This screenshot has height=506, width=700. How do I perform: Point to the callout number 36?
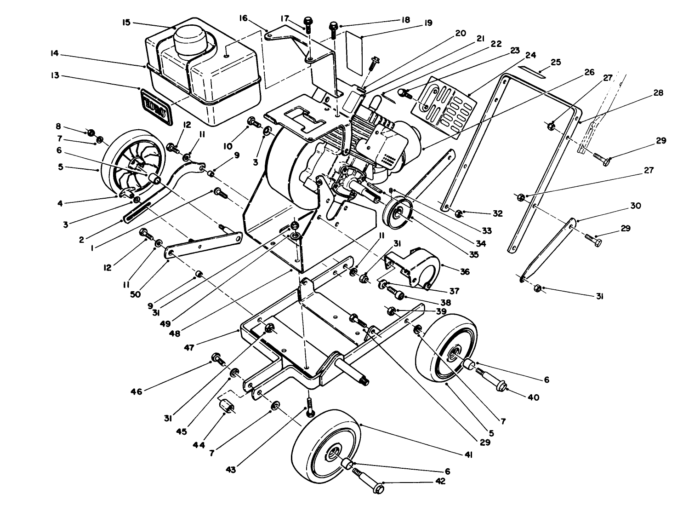coord(465,272)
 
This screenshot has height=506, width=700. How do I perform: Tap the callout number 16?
coord(243,18)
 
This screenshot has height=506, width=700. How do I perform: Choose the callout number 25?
coord(556,62)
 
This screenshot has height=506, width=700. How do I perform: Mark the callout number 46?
coord(137,391)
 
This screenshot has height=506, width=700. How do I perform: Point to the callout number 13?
coord(56,76)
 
